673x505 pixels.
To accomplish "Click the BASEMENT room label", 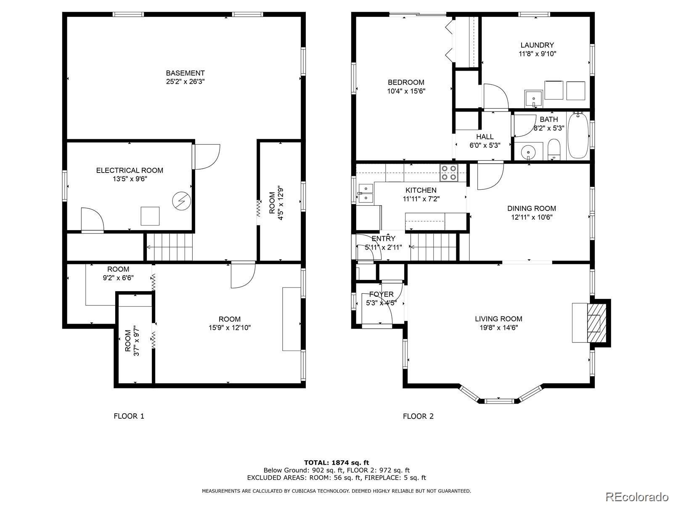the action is [185, 73].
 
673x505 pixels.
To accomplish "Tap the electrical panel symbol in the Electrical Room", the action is [182, 201].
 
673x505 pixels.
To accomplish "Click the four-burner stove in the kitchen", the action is [449, 173].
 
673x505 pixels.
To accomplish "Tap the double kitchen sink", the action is [366, 193].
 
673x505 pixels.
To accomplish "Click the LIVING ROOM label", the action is [498, 319].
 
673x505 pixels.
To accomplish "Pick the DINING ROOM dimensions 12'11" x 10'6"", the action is [532, 218].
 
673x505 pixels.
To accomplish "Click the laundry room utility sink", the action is [533, 99].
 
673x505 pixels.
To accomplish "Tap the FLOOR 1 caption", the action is [129, 416].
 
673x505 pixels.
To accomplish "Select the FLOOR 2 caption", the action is [418, 416].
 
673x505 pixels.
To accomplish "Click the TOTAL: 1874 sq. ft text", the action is [336, 462].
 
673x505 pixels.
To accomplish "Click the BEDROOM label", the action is [406, 82].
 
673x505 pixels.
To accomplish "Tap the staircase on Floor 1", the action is [169, 247].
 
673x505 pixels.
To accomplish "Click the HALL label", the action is [485, 136].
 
